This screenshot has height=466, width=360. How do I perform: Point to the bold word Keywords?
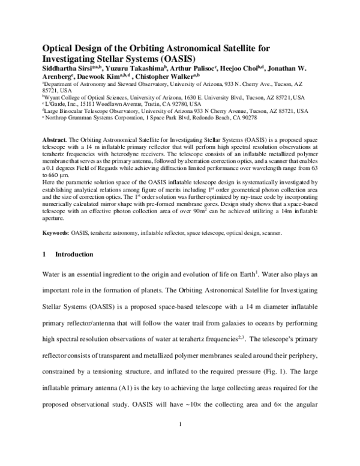pos(55,214)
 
